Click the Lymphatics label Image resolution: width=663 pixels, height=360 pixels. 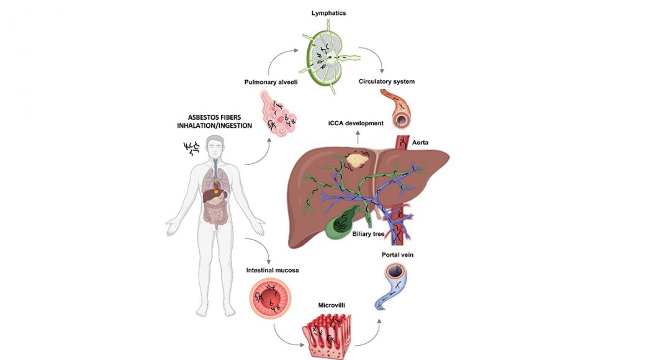328,13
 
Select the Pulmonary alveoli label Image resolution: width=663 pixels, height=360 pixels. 271,83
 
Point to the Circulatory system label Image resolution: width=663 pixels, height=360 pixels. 387,81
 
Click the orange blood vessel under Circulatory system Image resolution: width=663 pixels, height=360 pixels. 397,109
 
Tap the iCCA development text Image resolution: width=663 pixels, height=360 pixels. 356,124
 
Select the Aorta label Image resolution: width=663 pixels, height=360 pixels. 420,143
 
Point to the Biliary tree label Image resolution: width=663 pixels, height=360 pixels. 368,234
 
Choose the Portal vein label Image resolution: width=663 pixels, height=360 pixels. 397,254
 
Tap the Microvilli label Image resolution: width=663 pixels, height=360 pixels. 331,305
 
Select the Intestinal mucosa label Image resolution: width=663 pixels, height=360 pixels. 273,270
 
